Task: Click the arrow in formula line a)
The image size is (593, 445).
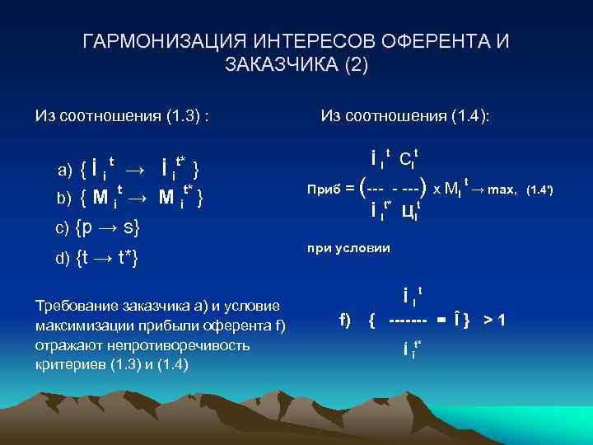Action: [136, 171]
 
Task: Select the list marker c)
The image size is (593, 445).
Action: [63, 228]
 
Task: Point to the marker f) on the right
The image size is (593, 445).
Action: [346, 319]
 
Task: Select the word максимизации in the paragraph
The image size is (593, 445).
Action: [82, 326]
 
